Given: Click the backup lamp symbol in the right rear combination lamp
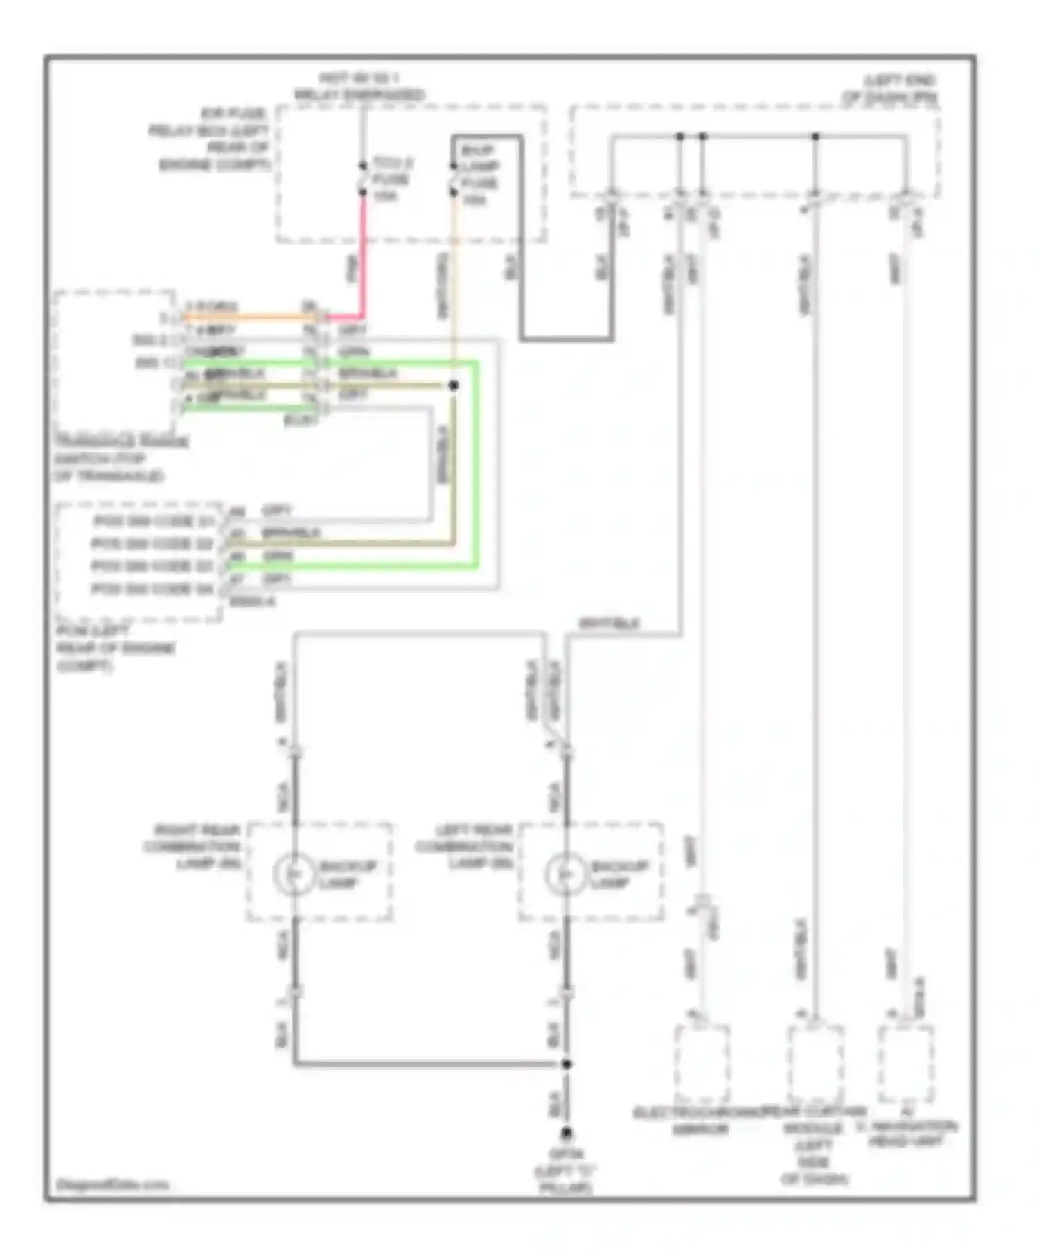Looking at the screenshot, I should pyautogui.click(x=295, y=875).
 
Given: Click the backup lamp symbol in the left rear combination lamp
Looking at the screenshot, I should pyautogui.click(x=566, y=875).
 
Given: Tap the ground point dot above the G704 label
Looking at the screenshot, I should pyautogui.click(x=567, y=1134).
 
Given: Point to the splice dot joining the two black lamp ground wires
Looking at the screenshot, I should pyautogui.click(x=567, y=1064).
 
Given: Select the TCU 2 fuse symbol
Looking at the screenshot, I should pyautogui.click(x=362, y=178).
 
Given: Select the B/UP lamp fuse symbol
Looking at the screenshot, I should pyautogui.click(x=453, y=179).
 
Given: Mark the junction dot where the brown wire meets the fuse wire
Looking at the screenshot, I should pyautogui.click(x=454, y=385).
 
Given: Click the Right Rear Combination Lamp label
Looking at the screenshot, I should pyautogui.click(x=192, y=847).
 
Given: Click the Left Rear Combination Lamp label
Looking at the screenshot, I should pyautogui.click(x=463, y=847).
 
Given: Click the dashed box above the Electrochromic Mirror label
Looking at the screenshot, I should pyautogui.click(x=702, y=1064).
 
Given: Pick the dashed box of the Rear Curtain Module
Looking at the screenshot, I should pyautogui.click(x=815, y=1064).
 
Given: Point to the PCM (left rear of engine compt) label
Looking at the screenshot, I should pyautogui.click(x=115, y=649).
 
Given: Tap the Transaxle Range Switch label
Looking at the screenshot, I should pyautogui.click(x=121, y=459).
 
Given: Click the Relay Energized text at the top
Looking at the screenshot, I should pyautogui.click(x=359, y=95).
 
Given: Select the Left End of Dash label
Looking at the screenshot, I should pyautogui.click(x=890, y=89).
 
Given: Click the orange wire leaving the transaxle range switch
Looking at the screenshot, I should pyautogui.click(x=249, y=317).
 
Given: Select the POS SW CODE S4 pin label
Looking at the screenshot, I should pyautogui.click(x=152, y=589).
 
